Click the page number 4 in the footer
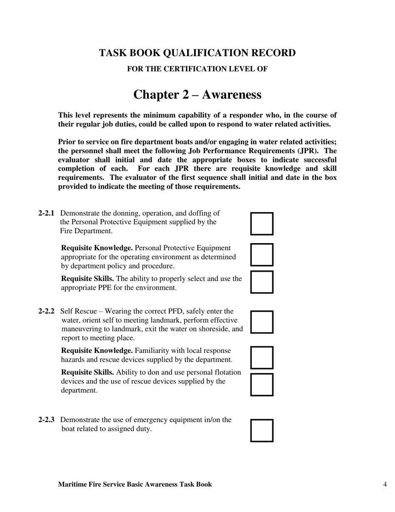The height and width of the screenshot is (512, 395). click(x=385, y=484)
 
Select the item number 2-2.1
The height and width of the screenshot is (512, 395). click(x=46, y=213)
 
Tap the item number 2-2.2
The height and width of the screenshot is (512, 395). click(x=46, y=311)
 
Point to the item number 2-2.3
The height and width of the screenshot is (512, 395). click(x=46, y=420)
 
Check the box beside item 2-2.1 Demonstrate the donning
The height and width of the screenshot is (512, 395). click(x=262, y=224)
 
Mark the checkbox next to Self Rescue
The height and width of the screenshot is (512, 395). click(x=262, y=322)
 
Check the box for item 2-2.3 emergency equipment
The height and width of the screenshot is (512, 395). click(x=262, y=430)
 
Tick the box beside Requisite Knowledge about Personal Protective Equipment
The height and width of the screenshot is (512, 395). click(x=262, y=255)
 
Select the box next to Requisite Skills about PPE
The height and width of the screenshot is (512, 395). click(x=262, y=282)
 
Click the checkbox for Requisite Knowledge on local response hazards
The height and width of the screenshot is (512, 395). click(x=262, y=358)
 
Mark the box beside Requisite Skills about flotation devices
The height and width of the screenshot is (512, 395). click(x=262, y=385)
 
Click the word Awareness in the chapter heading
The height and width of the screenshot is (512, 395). click(x=232, y=95)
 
